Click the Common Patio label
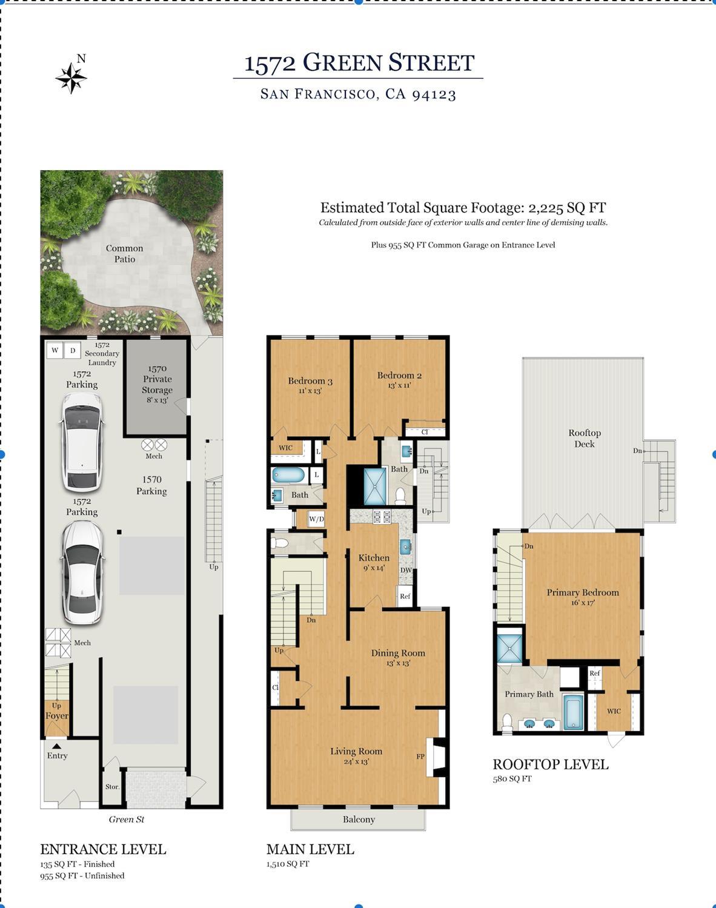tap(124, 254)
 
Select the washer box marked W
tap(55, 350)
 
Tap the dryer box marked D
tap(73, 350)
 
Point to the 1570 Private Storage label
tap(157, 384)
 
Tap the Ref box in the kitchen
tap(405, 596)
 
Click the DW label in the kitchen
tap(406, 570)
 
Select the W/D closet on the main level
tap(316, 519)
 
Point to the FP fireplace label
tap(420, 756)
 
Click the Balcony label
tap(359, 819)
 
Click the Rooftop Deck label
tap(585, 438)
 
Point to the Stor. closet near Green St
tap(112, 786)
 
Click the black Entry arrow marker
tap(56, 746)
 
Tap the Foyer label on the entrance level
tap(57, 715)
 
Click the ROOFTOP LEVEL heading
tap(551, 764)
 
